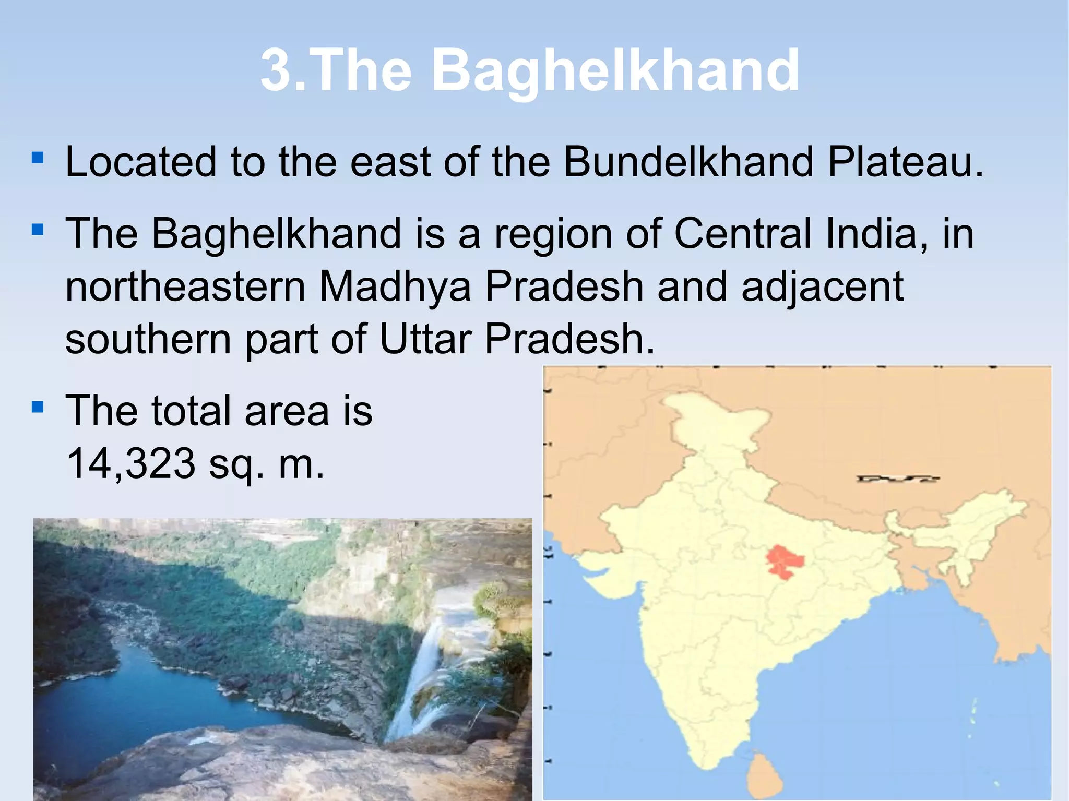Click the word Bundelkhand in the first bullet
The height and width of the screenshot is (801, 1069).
(x=688, y=162)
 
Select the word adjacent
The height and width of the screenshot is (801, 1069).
(x=822, y=287)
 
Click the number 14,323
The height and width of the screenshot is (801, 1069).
(x=131, y=463)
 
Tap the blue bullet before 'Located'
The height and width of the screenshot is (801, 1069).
(x=37, y=157)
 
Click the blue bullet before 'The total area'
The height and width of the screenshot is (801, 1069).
(x=37, y=407)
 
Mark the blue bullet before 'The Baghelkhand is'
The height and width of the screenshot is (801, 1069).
(x=37, y=229)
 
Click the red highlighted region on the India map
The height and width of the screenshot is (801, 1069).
(x=783, y=561)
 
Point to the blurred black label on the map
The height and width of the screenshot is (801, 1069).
(x=897, y=479)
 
